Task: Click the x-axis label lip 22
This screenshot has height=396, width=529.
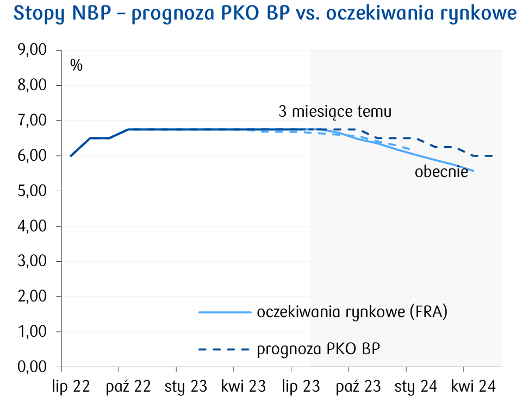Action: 71,386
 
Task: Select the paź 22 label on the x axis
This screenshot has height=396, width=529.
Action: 128,386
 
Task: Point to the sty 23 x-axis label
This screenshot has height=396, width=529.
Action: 186,386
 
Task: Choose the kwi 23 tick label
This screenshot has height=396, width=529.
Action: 243,386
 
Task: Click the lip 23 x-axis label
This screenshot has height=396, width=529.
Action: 301,386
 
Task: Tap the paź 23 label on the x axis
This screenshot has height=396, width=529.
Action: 358,386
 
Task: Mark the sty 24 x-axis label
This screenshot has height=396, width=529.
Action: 415,386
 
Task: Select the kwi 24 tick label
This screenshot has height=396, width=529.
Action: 473,386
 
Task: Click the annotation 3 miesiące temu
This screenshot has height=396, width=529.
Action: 335,112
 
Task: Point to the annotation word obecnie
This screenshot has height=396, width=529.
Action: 441,172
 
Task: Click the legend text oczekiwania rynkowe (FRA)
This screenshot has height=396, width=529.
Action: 352,312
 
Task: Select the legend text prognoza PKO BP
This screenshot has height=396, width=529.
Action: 318,349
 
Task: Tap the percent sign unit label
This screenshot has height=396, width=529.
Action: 76,66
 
